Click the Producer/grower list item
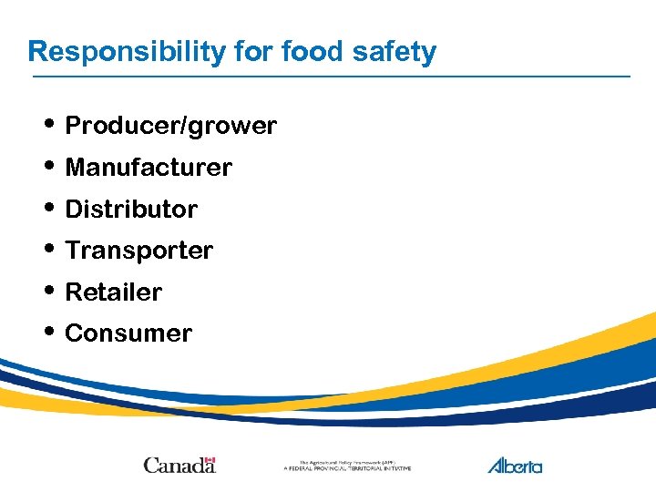click(171, 126)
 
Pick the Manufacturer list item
click(149, 168)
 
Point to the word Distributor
click(131, 210)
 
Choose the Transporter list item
click(139, 251)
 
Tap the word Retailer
click(114, 292)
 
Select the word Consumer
click(128, 333)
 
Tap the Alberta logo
click(515, 465)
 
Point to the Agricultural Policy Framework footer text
click(347, 466)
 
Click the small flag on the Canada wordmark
click(210, 459)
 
